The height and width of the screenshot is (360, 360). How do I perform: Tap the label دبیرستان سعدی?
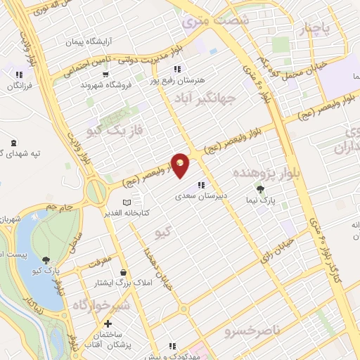199,198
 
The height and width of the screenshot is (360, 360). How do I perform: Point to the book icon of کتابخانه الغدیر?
127,203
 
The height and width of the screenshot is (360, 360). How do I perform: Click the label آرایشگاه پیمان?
89,43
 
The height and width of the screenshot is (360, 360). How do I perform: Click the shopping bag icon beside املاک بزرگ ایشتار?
124,272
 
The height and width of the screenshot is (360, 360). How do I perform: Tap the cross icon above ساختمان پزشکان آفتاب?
107,325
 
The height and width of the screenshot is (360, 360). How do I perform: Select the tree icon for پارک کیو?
46,260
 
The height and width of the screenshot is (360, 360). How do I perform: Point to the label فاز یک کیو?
115,131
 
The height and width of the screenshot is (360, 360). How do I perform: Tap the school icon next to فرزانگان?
19,75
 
